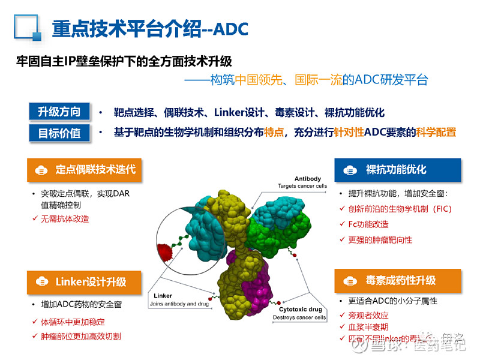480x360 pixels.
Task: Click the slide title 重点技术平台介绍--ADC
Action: [x=150, y=28]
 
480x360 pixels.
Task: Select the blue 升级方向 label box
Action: [x=59, y=112]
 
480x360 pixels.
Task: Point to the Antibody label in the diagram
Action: [x=307, y=179]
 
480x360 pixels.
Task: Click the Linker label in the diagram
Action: [x=163, y=296]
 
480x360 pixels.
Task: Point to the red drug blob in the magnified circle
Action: [x=163, y=251]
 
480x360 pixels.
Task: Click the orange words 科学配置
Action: [x=436, y=133]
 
